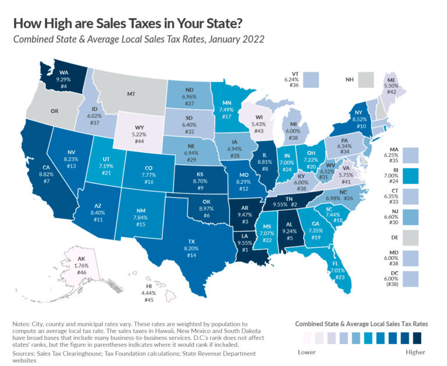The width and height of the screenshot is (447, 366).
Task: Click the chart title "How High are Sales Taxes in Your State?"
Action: point(126,23)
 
